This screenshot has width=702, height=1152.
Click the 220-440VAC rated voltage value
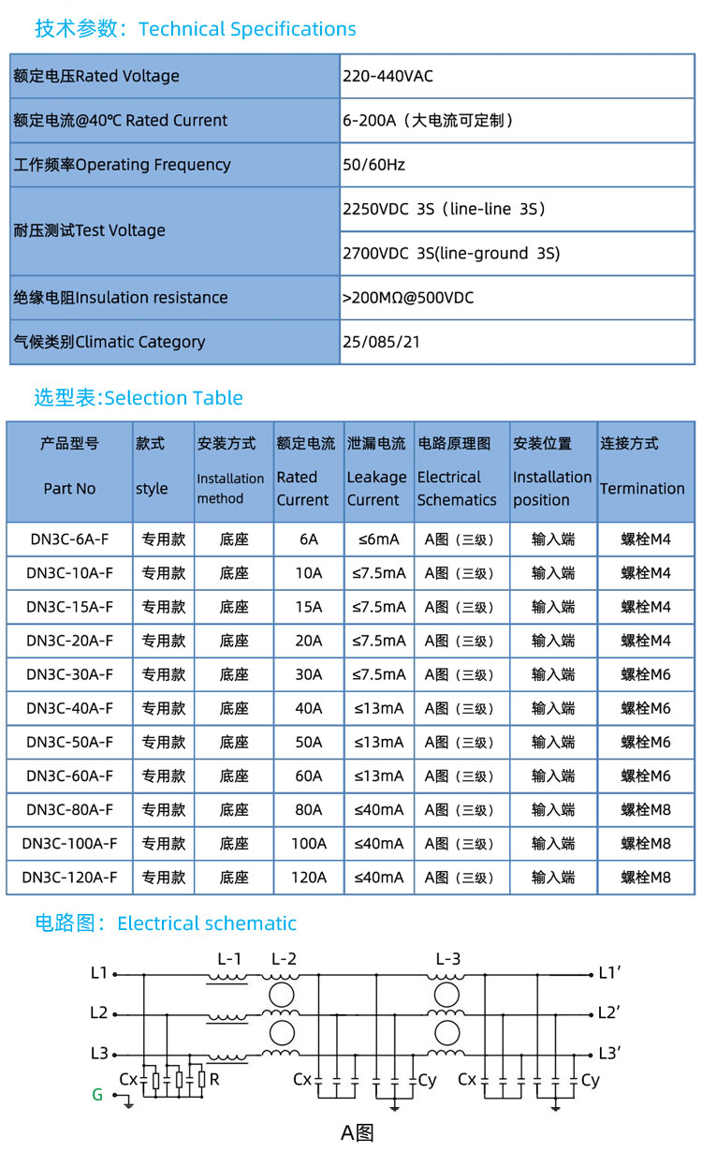click(x=388, y=76)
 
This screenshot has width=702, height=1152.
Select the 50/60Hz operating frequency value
click(x=373, y=165)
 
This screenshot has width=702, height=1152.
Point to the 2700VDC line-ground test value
click(x=451, y=253)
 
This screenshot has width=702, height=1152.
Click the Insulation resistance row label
click(x=121, y=298)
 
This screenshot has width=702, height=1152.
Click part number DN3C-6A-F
click(x=69, y=539)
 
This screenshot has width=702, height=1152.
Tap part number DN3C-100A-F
click(x=69, y=844)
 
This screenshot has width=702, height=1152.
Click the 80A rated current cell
click(x=308, y=810)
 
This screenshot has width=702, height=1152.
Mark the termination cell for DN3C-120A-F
click(x=646, y=878)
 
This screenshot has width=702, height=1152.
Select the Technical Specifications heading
click(x=196, y=29)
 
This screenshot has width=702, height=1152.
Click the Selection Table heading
click(x=139, y=398)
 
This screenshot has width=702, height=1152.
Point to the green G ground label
click(x=97, y=1094)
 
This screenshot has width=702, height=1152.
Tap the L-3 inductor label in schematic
click(x=448, y=958)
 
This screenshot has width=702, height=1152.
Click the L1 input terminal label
click(x=99, y=973)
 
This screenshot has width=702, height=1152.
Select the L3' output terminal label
click(x=610, y=1053)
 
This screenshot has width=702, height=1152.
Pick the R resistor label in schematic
click(x=214, y=1080)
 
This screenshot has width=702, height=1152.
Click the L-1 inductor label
click(x=229, y=958)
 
